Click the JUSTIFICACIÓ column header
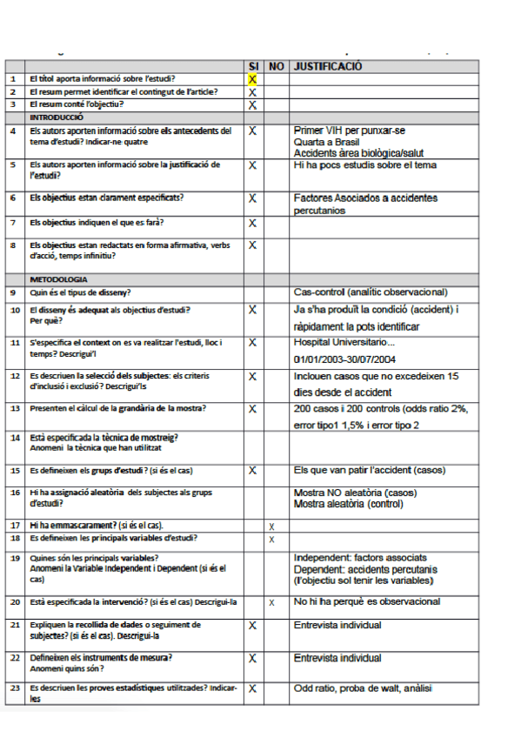click(x=328, y=66)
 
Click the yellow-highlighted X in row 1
click(x=252, y=79)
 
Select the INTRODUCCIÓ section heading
click(x=57, y=116)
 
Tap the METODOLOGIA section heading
click(x=58, y=279)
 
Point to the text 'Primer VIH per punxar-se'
click(x=350, y=131)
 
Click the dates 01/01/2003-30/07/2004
click(x=346, y=358)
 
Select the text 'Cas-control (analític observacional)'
click(x=371, y=292)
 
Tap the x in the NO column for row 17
click(x=272, y=527)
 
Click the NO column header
click(x=277, y=66)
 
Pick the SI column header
click(x=253, y=66)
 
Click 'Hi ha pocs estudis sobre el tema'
click(x=365, y=164)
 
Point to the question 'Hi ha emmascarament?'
click(x=96, y=526)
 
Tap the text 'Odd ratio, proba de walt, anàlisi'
click(x=364, y=688)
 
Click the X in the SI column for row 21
click(x=252, y=626)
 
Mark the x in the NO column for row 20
click(x=272, y=602)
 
